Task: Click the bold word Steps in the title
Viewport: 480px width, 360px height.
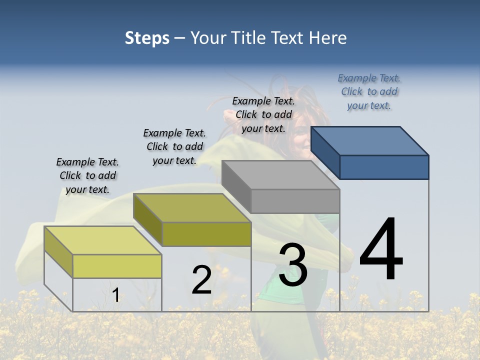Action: (x=147, y=38)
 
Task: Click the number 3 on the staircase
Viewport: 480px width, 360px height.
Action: (x=293, y=265)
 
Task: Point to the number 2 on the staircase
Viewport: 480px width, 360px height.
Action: (x=201, y=280)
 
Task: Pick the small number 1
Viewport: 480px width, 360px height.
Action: (x=116, y=295)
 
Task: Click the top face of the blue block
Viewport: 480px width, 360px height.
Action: (x=370, y=140)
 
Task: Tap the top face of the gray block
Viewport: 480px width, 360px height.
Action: (x=280, y=175)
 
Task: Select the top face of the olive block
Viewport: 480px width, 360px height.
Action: (x=192, y=207)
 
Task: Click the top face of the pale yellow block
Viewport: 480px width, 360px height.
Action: (x=103, y=240)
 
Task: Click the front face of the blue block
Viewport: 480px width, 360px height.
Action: (x=384, y=167)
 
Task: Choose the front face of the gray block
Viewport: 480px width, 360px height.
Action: (x=295, y=201)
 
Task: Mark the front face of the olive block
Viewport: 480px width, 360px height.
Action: (x=206, y=234)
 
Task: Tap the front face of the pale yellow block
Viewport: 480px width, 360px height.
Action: (x=117, y=266)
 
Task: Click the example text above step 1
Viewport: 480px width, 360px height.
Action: (x=87, y=175)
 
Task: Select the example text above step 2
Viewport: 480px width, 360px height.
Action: (x=174, y=146)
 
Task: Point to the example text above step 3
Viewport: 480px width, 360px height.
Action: (x=263, y=114)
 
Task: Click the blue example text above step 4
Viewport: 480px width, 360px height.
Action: (x=369, y=91)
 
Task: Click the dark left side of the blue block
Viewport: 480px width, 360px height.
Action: (x=325, y=152)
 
